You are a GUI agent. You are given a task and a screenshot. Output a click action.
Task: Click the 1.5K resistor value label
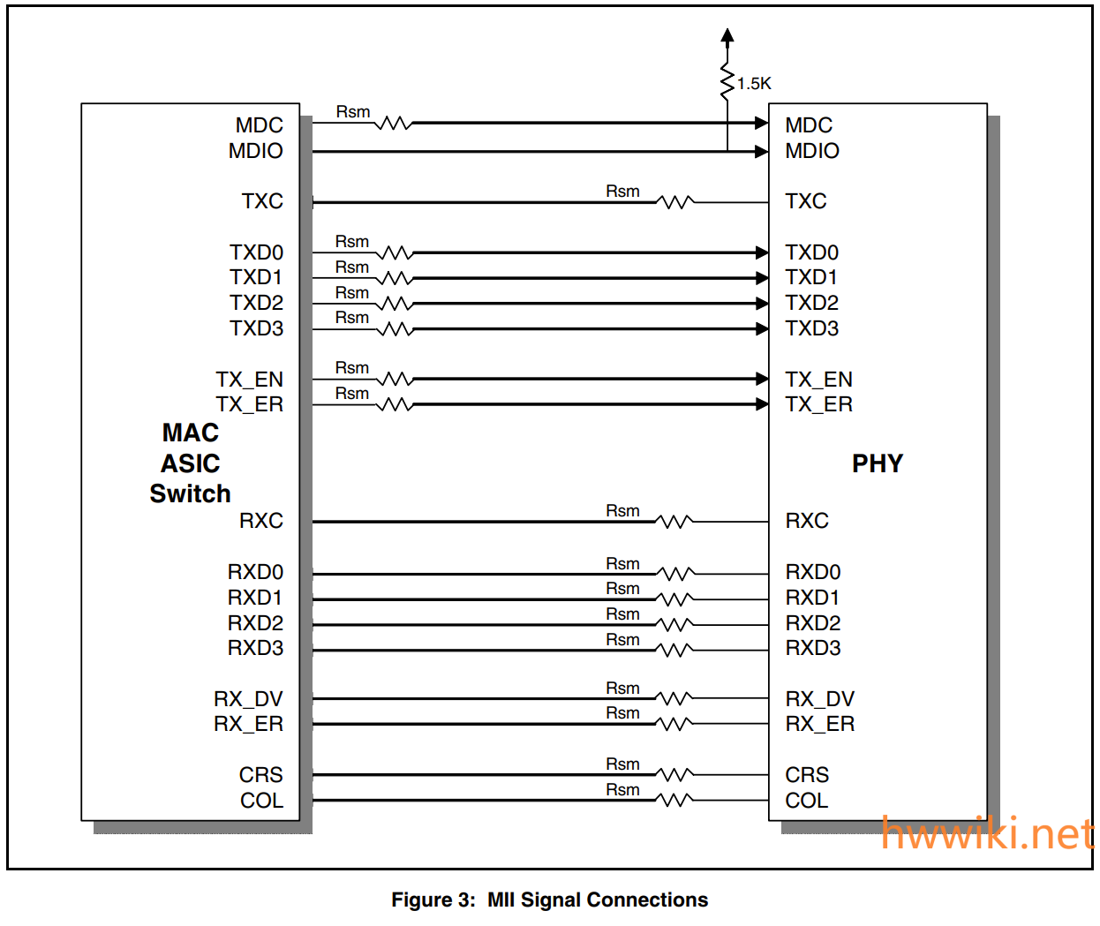click(754, 84)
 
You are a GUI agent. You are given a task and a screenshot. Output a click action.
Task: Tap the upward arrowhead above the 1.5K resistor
click(727, 35)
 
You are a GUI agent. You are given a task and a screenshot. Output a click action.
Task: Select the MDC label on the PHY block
click(809, 125)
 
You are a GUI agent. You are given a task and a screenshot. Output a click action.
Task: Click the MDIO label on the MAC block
click(256, 151)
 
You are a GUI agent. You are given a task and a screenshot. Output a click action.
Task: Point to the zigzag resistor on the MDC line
click(394, 124)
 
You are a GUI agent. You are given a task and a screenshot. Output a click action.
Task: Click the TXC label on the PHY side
click(806, 201)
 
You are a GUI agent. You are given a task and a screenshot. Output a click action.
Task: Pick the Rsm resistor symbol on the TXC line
click(675, 202)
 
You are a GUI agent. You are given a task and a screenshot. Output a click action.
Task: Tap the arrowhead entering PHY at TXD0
click(762, 253)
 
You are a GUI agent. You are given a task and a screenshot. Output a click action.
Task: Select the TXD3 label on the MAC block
click(257, 328)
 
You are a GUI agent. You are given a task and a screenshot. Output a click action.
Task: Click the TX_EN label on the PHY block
click(819, 380)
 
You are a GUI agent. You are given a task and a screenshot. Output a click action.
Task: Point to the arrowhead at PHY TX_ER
click(762, 404)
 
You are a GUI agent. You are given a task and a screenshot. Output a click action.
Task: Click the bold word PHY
click(878, 463)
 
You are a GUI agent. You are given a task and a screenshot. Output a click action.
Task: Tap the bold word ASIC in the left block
click(191, 463)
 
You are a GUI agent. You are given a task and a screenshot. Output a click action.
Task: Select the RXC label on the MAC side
click(261, 521)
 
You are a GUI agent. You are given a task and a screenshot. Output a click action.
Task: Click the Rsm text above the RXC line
click(622, 511)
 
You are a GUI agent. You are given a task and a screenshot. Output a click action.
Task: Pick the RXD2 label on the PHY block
click(813, 623)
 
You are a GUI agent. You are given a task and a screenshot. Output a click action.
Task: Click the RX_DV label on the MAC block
click(249, 699)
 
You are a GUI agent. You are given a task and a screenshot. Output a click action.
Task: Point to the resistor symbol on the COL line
click(675, 801)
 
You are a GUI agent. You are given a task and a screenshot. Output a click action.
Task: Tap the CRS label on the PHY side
click(807, 775)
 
